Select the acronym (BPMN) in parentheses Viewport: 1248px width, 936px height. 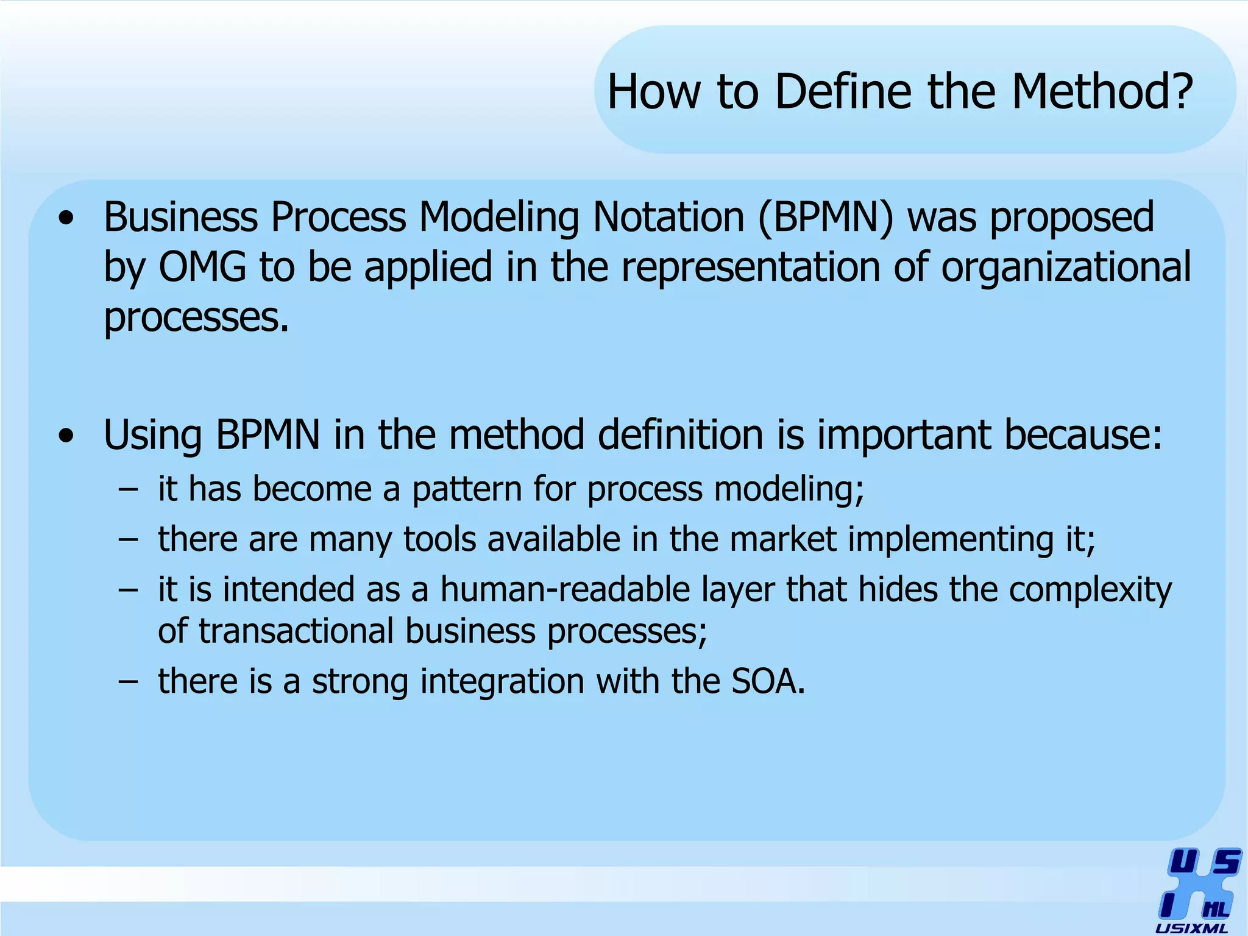click(825, 218)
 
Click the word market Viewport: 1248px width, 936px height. click(782, 539)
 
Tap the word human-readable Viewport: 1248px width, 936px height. click(565, 590)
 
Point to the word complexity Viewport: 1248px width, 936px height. click(1090, 590)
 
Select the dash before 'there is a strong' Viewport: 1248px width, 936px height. click(129, 682)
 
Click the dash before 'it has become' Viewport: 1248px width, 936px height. click(129, 490)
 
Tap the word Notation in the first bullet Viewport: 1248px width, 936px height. click(668, 218)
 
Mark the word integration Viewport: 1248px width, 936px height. click(502, 681)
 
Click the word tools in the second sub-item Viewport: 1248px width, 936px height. click(439, 539)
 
